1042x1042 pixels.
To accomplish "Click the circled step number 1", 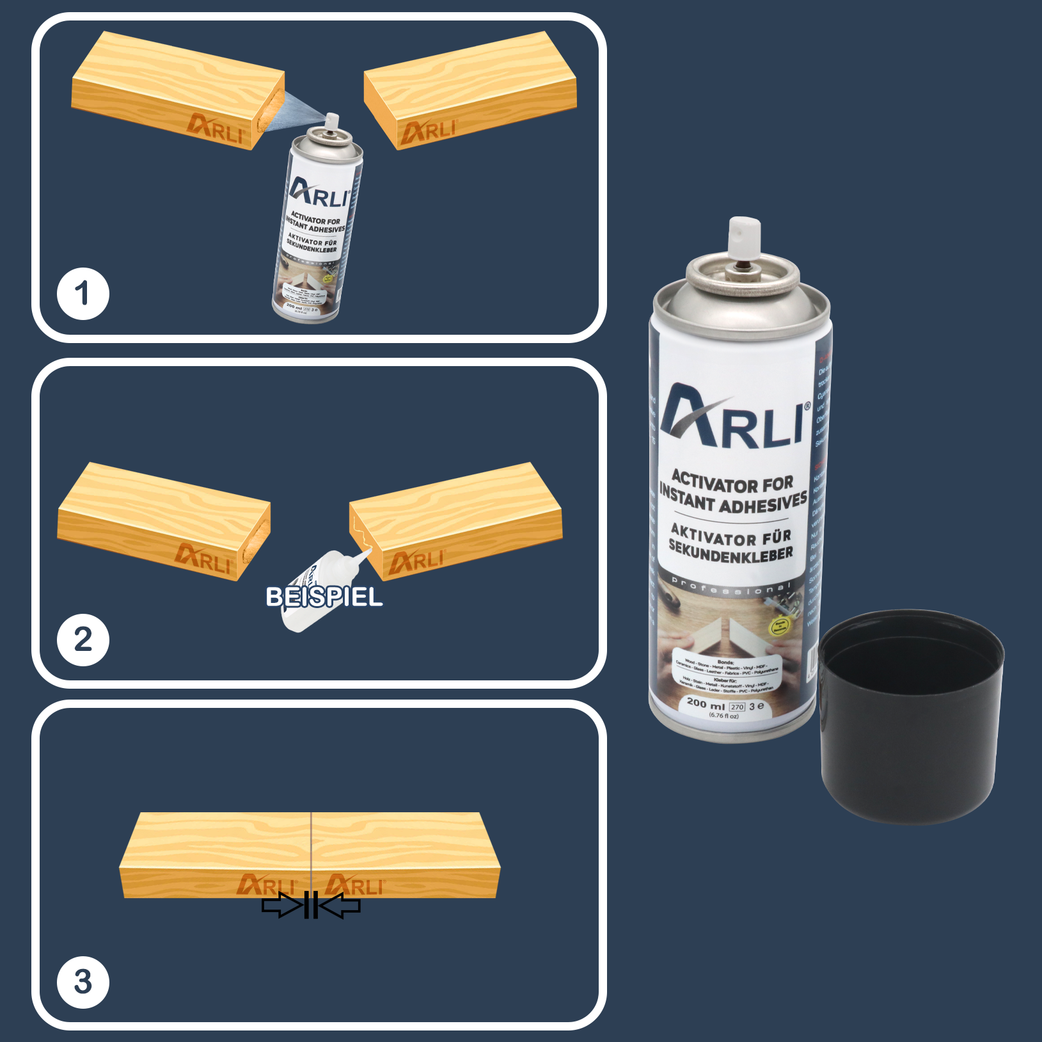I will pyautogui.click(x=83, y=294).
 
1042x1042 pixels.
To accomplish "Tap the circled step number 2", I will pyautogui.click(x=83, y=639).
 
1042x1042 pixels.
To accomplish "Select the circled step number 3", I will pyautogui.click(x=83, y=982).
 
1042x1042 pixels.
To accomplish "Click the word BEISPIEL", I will pyautogui.click(x=324, y=597).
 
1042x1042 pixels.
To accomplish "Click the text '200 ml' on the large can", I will pyautogui.click(x=705, y=703).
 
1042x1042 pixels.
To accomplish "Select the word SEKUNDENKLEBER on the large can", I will pyautogui.click(x=730, y=551).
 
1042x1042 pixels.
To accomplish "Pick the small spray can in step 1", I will pyautogui.click(x=317, y=230).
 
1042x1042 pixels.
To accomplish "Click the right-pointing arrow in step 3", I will pyautogui.click(x=281, y=906).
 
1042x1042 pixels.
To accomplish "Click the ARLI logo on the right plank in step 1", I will pyautogui.click(x=428, y=131).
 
